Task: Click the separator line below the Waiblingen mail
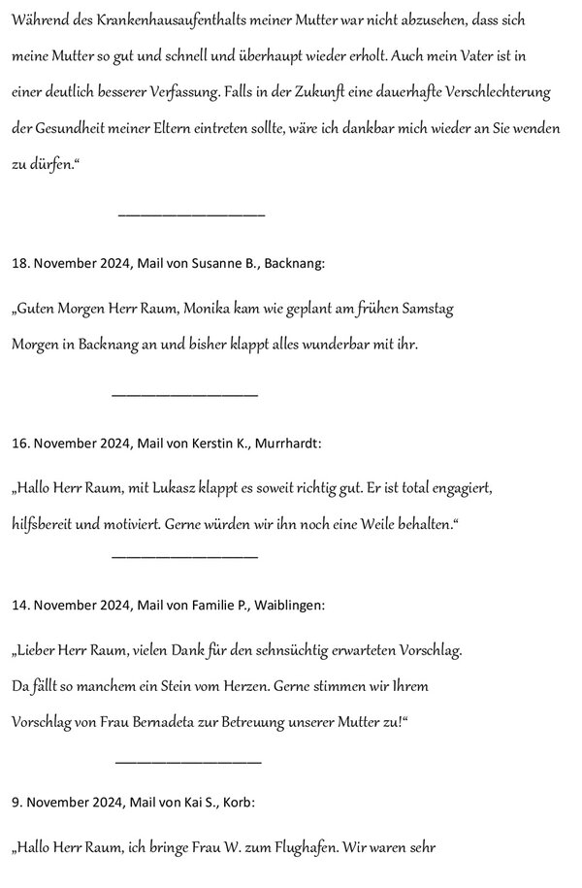(x=188, y=761)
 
